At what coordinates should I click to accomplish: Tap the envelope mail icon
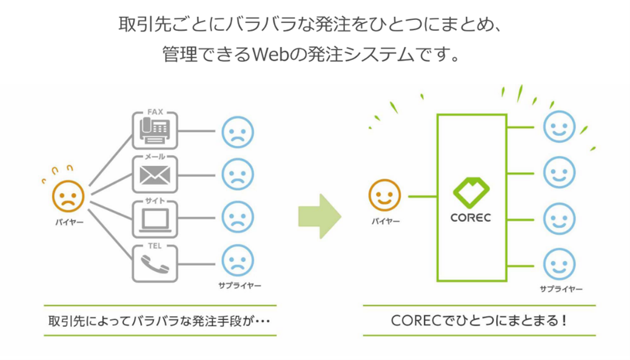coord(155,176)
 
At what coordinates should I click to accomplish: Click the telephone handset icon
coord(155,264)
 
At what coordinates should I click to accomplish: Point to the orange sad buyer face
coord(69,195)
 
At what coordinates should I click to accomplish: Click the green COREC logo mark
coord(472,192)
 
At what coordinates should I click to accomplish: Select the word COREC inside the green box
coord(472,216)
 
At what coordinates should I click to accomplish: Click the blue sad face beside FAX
coord(238,132)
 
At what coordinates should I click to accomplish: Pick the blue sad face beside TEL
coord(238,261)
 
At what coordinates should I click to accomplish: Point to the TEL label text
coord(155,247)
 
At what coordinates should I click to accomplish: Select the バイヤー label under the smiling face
coord(386,221)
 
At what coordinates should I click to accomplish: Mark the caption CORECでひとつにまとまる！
coord(479,320)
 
